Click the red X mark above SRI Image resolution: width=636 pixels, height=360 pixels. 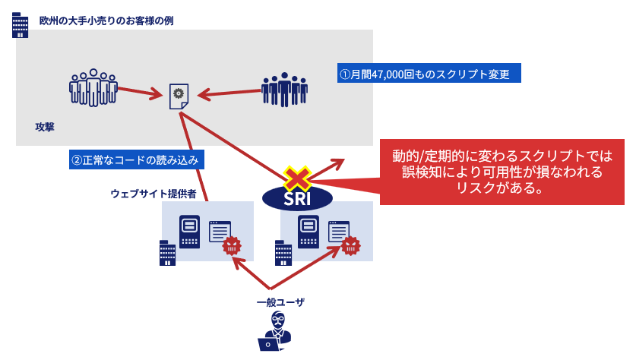pyautogui.click(x=297, y=179)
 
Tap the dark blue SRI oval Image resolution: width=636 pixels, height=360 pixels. pyautogui.click(x=296, y=198)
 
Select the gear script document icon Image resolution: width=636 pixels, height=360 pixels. pyautogui.click(x=179, y=95)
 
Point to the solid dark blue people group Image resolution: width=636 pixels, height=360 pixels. pyautogui.click(x=284, y=89)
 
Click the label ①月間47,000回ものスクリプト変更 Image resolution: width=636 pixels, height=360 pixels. pyautogui.click(x=429, y=74)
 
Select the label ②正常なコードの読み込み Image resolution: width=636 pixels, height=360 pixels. pyautogui.click(x=136, y=160)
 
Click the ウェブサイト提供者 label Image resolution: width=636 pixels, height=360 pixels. pyautogui.click(x=153, y=194)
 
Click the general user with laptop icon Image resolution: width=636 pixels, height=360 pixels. pyautogui.click(x=275, y=332)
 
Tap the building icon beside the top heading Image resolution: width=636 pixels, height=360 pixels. pyautogui.click(x=21, y=25)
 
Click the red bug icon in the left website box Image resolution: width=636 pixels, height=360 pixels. pyautogui.click(x=231, y=245)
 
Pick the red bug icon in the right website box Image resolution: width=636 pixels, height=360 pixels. pyautogui.click(x=350, y=245)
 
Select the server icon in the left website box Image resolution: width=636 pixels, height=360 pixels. pyautogui.click(x=189, y=232)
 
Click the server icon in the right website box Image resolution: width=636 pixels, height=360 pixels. pyautogui.click(x=308, y=232)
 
